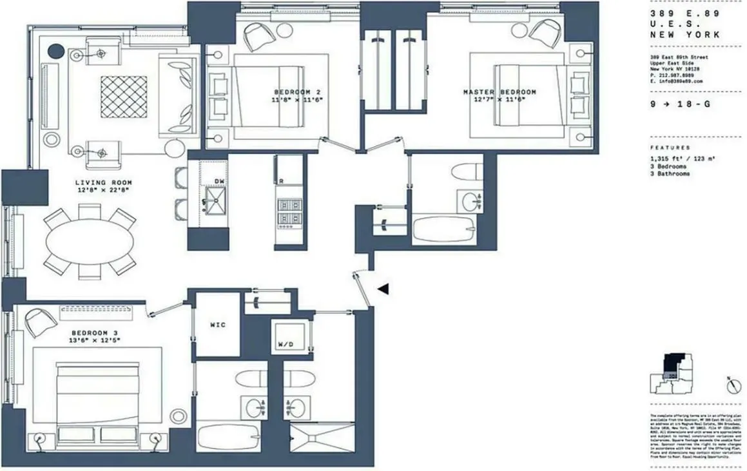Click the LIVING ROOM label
(103, 182)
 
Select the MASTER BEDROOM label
(500, 92)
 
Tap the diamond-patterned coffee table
(122, 96)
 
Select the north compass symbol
(732, 386)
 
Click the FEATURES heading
(670, 148)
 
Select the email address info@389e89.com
(676, 82)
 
